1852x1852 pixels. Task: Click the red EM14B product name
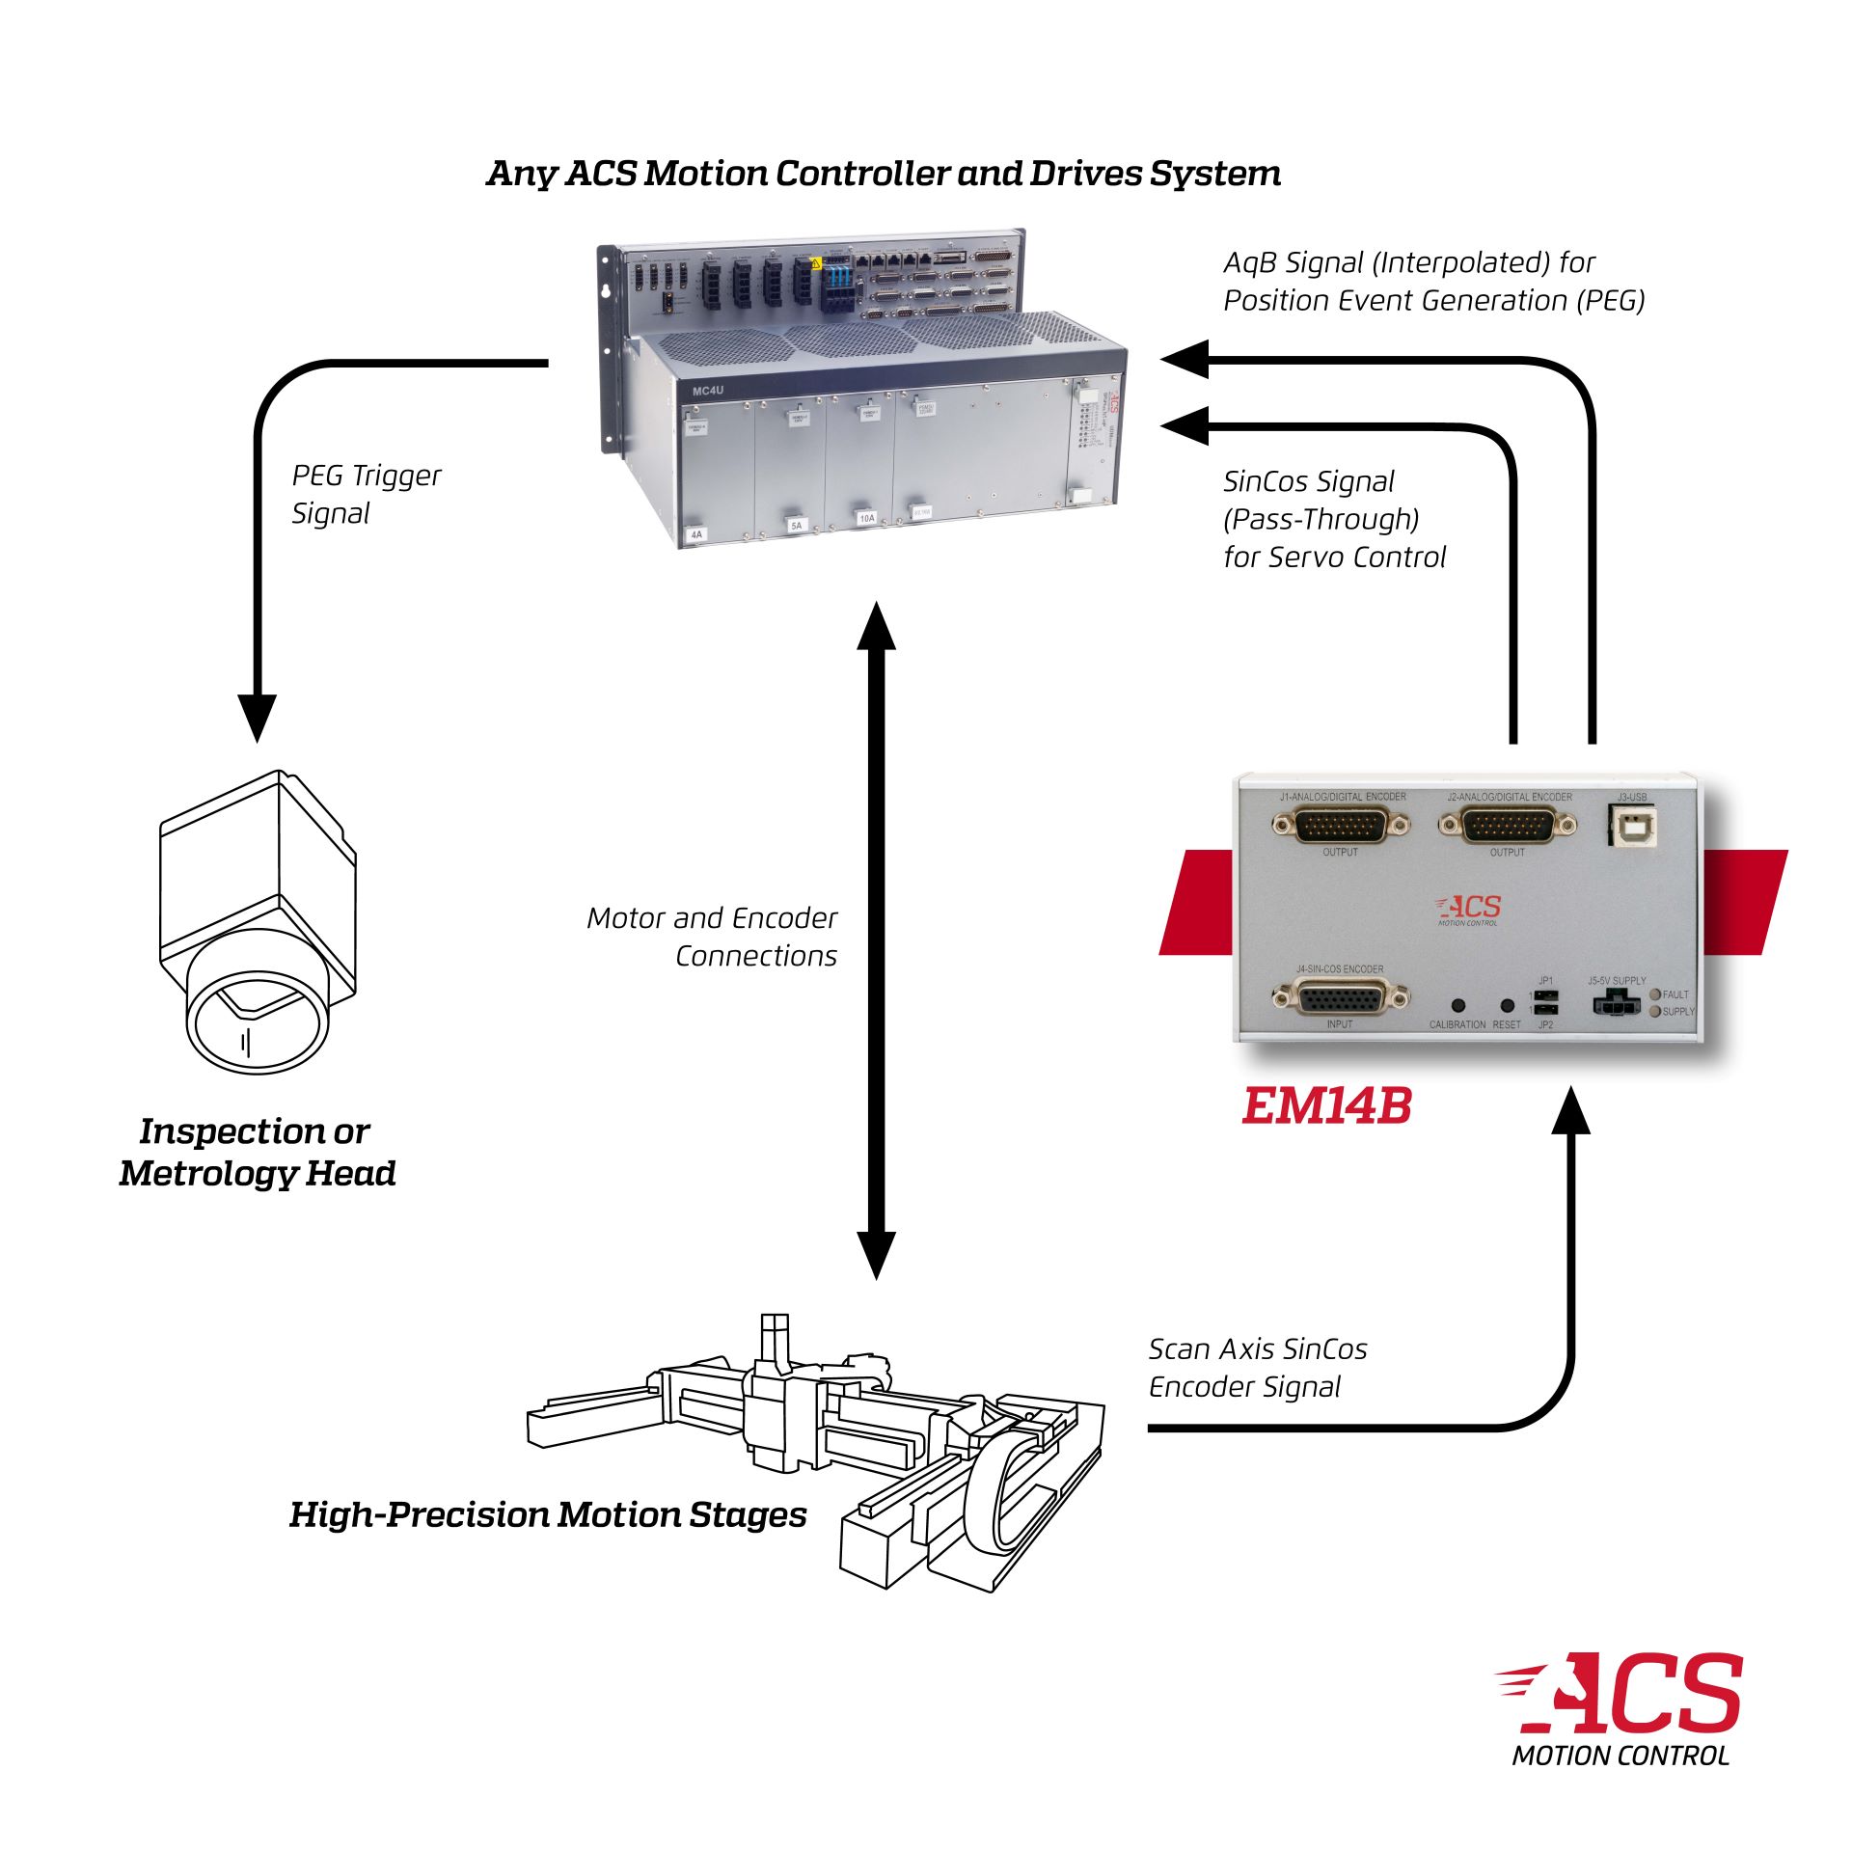(1326, 1106)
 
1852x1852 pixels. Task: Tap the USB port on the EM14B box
(1632, 826)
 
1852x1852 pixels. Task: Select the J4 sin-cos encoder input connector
(1340, 997)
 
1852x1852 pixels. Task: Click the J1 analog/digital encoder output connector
(1340, 826)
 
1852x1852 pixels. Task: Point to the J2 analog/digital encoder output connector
(1508, 826)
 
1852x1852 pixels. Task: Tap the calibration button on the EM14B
(1457, 1005)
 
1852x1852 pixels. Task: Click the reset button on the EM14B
(1508, 1005)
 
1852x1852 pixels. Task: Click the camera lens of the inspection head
(257, 1022)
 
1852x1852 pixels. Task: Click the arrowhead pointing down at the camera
(257, 716)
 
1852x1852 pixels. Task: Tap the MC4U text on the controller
(707, 391)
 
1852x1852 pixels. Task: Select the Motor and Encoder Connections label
(712, 936)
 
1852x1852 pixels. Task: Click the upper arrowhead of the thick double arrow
(877, 627)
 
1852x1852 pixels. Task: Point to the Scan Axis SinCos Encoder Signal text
(1257, 1368)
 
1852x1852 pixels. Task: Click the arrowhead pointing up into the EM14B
(1573, 1111)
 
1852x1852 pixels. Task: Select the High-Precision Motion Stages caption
(548, 1514)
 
